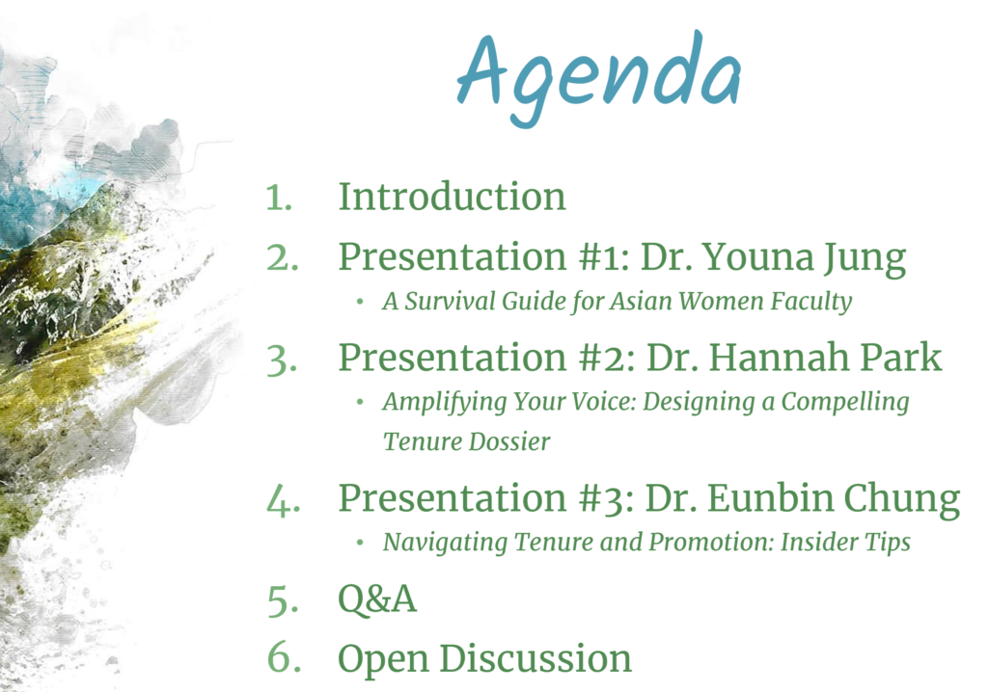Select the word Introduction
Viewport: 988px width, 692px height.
coord(452,196)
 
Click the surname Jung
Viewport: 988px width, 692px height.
coord(864,259)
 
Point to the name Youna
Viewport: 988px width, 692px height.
coord(757,257)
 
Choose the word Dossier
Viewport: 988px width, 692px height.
coord(509,441)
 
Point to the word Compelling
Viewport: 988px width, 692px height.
coord(845,403)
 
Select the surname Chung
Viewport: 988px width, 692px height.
coord(902,499)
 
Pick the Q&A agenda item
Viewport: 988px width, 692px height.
coord(377,599)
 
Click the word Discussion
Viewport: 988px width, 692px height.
coord(535,658)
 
